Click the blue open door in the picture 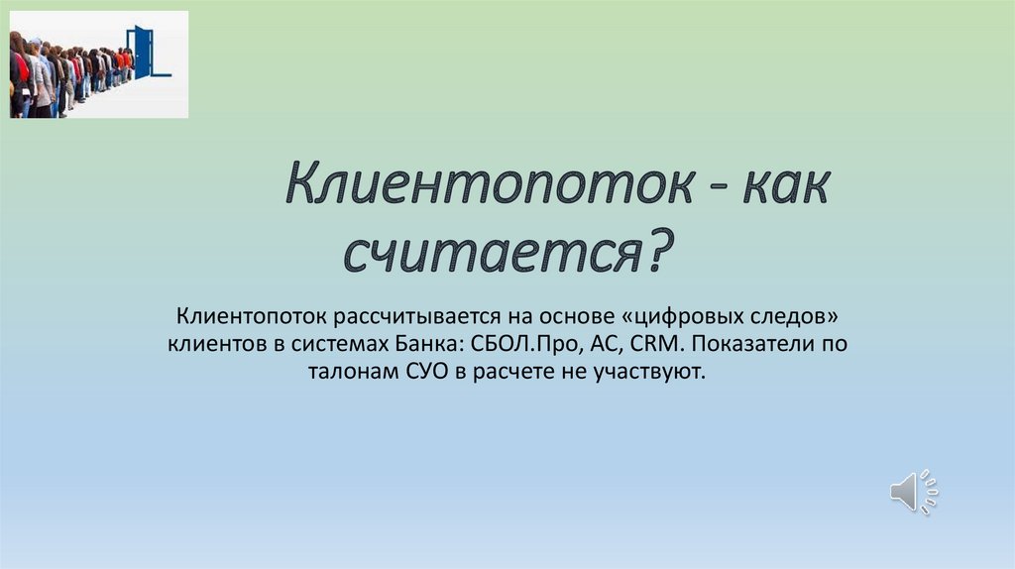click(x=145, y=53)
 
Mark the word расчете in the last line click(x=496, y=372)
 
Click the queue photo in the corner click(x=98, y=64)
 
